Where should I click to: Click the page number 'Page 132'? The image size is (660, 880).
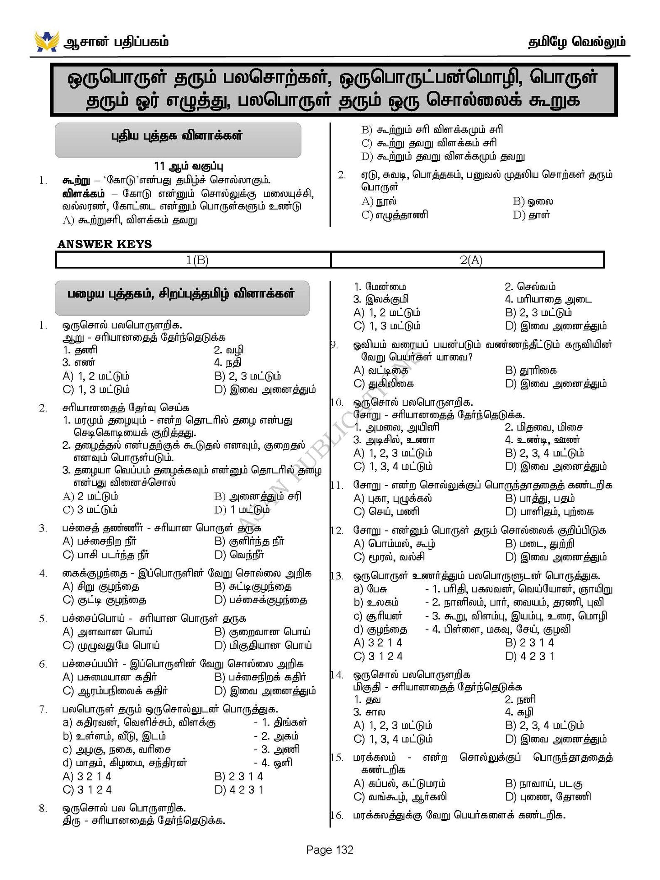330,850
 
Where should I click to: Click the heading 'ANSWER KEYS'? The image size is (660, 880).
105,244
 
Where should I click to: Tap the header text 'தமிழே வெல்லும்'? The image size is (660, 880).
576,42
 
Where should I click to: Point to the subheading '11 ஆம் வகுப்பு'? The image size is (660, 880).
188,166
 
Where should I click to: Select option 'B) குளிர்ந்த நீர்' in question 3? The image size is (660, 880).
249,541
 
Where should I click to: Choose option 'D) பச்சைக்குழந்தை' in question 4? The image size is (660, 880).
261,600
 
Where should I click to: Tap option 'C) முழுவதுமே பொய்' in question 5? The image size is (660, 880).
111,646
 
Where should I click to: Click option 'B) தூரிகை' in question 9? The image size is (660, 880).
531,371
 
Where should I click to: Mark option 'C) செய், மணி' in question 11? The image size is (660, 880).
386,511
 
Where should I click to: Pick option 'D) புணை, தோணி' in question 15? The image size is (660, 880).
548,797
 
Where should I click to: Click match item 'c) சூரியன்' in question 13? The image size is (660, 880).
378,616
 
